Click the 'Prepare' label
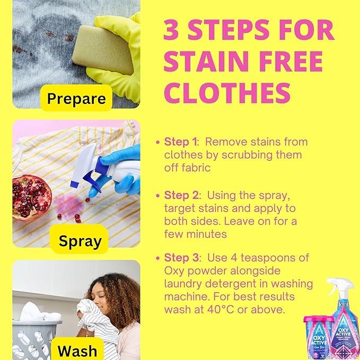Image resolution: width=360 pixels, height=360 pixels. pyautogui.click(x=76, y=99)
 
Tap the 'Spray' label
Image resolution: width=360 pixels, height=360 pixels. pyautogui.click(x=80, y=242)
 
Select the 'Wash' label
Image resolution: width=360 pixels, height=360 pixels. pyautogui.click(x=77, y=350)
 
